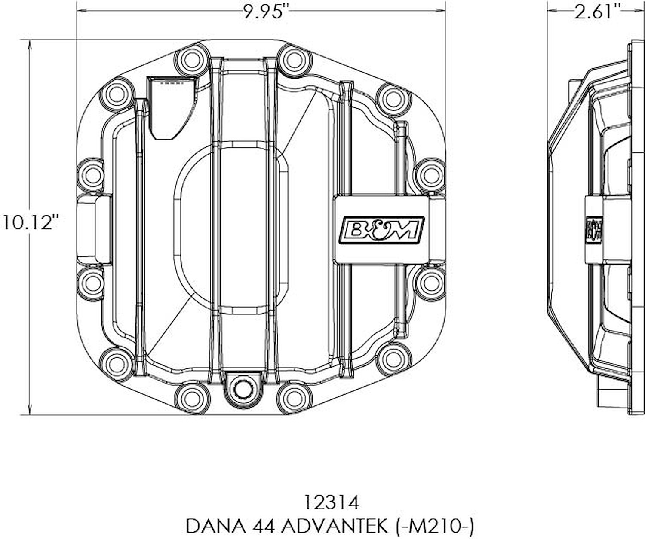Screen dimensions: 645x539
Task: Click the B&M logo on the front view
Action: click(x=381, y=231)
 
